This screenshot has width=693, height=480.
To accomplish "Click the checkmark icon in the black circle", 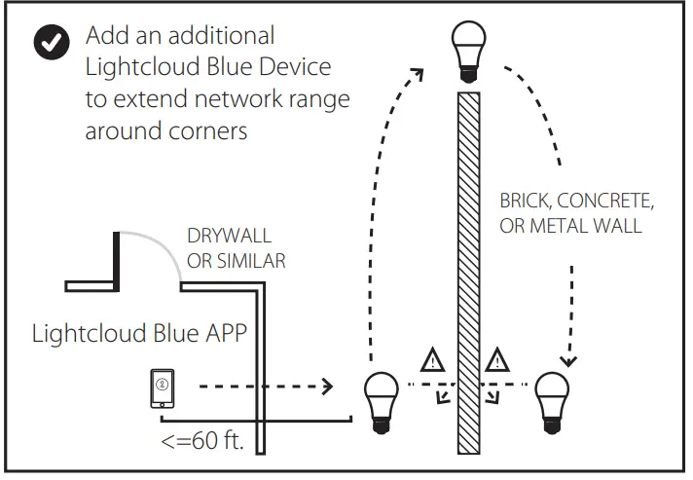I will pyautogui.click(x=51, y=43).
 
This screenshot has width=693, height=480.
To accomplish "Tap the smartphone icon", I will pyautogui.click(x=163, y=388).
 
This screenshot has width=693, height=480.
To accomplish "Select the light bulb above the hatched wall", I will pyautogui.click(x=471, y=52).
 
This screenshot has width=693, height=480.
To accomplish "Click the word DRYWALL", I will pyautogui.click(x=229, y=237).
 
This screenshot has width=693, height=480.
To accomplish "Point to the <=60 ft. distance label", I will pyautogui.click(x=201, y=442).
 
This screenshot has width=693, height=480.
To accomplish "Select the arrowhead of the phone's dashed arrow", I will pyautogui.click(x=327, y=388).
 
